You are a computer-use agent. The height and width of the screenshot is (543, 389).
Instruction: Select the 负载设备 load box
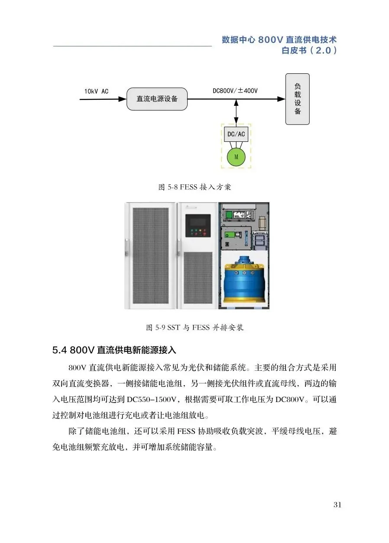click(x=297, y=99)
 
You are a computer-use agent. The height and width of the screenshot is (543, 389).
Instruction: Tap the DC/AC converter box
click(x=236, y=134)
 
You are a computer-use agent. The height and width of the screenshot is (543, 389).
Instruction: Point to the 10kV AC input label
click(x=96, y=92)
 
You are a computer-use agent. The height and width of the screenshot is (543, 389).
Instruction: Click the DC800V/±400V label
click(x=235, y=91)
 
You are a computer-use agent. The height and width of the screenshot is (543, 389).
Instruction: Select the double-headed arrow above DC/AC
click(x=236, y=113)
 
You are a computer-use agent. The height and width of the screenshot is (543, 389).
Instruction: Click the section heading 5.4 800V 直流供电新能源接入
click(x=114, y=350)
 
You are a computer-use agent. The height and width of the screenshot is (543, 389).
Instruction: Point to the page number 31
click(x=338, y=504)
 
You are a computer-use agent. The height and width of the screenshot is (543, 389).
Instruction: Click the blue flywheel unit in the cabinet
click(x=244, y=280)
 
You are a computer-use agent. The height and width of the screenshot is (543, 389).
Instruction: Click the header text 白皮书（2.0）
click(x=309, y=51)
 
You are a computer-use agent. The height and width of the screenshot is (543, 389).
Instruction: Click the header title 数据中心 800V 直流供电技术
click(x=279, y=40)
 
